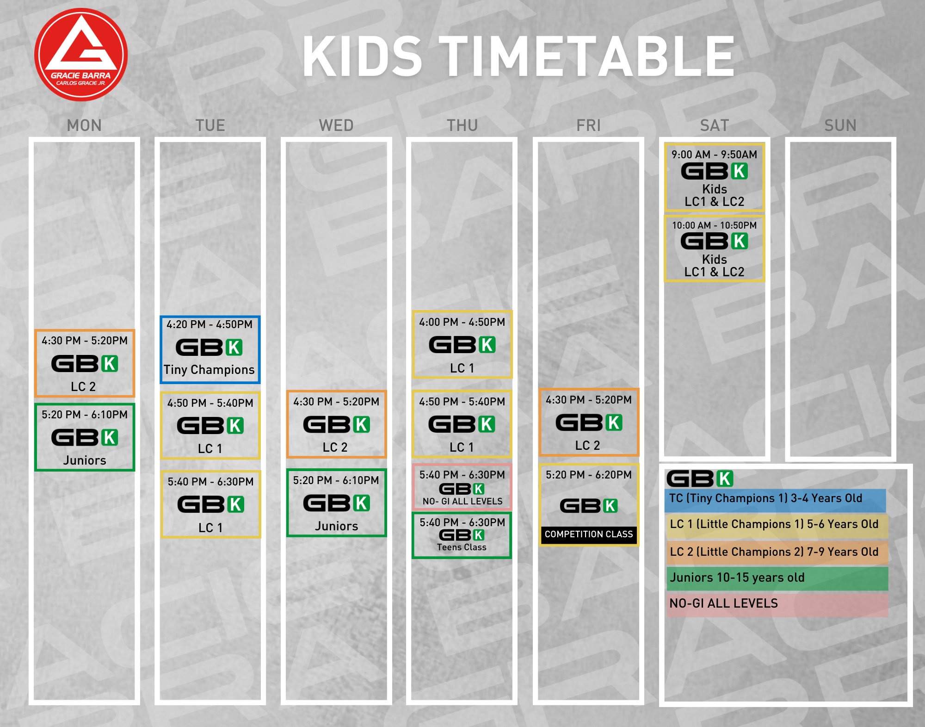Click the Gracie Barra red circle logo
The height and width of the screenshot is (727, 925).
coord(81,55)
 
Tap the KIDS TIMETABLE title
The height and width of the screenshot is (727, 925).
coord(518,56)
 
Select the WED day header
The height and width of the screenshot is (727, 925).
coord(336,125)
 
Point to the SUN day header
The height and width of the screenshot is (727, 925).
coord(840,125)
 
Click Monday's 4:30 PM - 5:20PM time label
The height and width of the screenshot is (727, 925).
coord(85,341)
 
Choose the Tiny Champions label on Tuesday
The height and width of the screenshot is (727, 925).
coord(209,370)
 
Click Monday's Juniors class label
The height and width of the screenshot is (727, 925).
coord(85,460)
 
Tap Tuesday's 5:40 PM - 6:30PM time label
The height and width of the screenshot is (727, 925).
coord(210,482)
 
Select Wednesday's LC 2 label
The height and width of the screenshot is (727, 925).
coord(335,447)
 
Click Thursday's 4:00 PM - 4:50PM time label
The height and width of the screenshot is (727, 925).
coord(462,322)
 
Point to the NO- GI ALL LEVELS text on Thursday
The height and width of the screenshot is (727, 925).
coord(462,501)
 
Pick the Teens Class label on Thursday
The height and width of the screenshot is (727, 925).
coord(462,547)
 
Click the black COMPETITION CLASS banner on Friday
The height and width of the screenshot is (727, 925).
coord(589,534)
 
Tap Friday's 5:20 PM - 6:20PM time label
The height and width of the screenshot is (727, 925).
coord(589,475)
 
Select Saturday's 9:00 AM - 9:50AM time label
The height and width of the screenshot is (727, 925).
coord(715,155)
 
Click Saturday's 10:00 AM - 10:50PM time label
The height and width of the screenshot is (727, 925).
coord(715,225)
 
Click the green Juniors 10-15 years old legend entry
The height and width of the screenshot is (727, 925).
coord(777,578)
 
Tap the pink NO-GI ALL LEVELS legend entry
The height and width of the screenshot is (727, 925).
coord(777,604)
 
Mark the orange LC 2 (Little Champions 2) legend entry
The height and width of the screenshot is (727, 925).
coord(777,553)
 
